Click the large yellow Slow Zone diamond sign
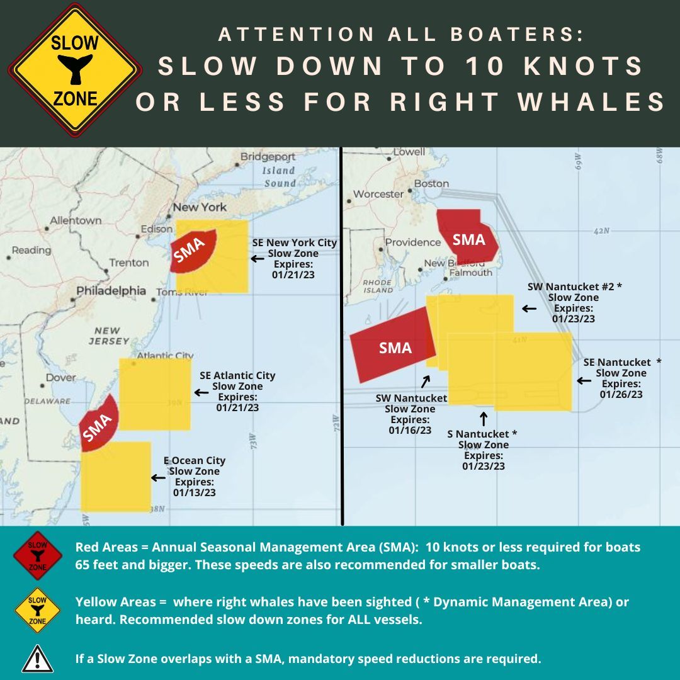tap(75, 70)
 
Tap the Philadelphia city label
tap(111, 291)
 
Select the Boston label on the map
tap(431, 184)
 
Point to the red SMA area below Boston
tap(468, 237)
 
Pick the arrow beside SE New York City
tap(258, 258)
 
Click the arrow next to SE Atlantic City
tap(201, 392)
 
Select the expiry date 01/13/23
tap(194, 492)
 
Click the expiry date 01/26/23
tap(621, 394)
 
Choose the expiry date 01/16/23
tap(410, 430)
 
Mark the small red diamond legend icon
tap(38, 555)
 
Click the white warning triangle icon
tap(38, 659)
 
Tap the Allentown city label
tap(76, 220)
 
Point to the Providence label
tap(412, 242)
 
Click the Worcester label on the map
tap(378, 194)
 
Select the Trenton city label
tap(129, 263)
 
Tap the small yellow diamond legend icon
tap(38, 609)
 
